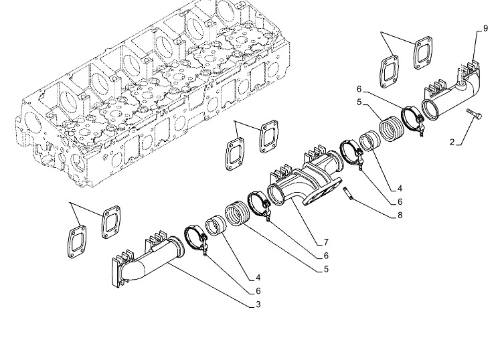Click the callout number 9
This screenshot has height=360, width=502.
(485, 28)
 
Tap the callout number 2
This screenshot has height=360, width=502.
(452, 142)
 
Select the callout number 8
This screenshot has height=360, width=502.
(400, 215)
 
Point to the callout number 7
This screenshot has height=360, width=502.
(326, 242)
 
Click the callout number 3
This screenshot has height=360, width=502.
(258, 304)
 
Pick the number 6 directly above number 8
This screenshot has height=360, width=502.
(400, 201)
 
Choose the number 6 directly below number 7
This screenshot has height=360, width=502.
(326, 256)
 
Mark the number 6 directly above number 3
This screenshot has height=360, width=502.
(258, 291)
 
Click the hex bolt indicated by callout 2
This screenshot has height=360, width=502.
(474, 114)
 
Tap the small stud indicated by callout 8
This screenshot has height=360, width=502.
(348, 193)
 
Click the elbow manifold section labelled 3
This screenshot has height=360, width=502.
(147, 259)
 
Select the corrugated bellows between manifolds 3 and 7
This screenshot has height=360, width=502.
(238, 213)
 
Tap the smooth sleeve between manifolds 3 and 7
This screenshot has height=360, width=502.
(216, 226)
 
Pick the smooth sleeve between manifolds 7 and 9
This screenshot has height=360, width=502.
(369, 142)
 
